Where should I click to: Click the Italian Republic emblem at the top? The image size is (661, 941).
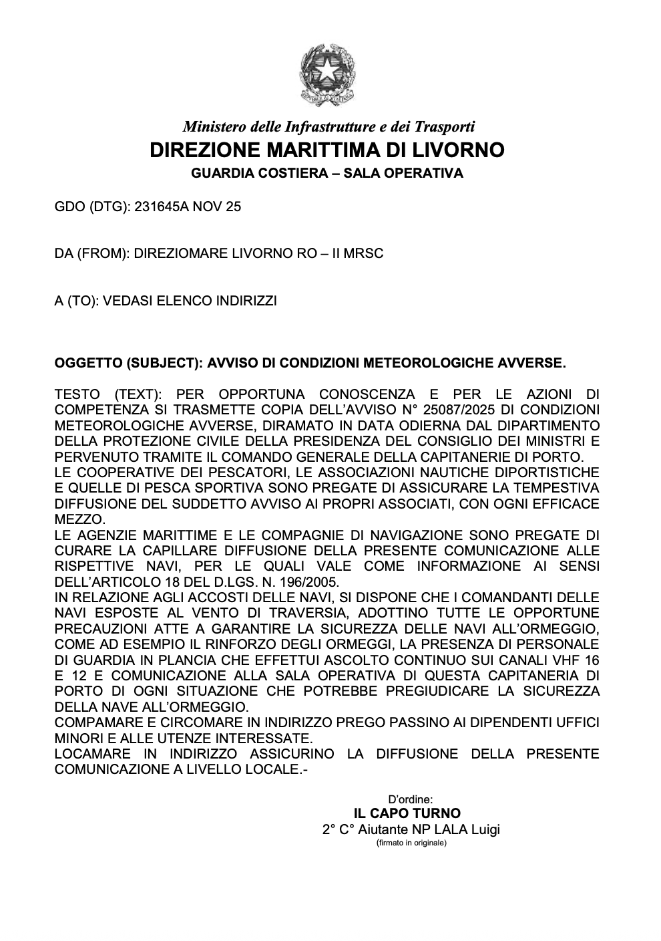click(x=326, y=74)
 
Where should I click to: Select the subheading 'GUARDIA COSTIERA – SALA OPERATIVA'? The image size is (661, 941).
click(x=327, y=174)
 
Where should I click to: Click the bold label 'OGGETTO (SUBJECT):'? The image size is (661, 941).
click(x=128, y=364)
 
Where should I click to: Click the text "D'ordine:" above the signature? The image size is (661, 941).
click(x=411, y=799)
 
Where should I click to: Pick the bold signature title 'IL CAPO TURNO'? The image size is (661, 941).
click(x=407, y=813)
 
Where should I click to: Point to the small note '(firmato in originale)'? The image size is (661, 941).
click(x=411, y=843)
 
